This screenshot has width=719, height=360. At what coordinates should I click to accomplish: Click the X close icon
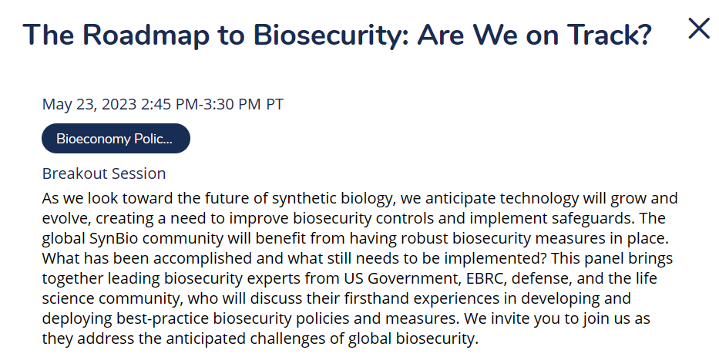point(699,29)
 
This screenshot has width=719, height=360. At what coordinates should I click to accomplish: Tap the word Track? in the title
point(610,35)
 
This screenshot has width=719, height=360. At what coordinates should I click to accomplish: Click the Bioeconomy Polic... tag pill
point(116,139)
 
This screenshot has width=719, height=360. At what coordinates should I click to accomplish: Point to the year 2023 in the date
point(119,104)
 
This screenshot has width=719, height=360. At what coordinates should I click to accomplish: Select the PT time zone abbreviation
point(274,104)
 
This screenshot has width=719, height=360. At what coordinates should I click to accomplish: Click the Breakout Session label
point(104,173)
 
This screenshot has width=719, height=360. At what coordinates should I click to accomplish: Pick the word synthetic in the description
point(304,199)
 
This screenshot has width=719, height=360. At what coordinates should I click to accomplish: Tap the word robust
point(426,238)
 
